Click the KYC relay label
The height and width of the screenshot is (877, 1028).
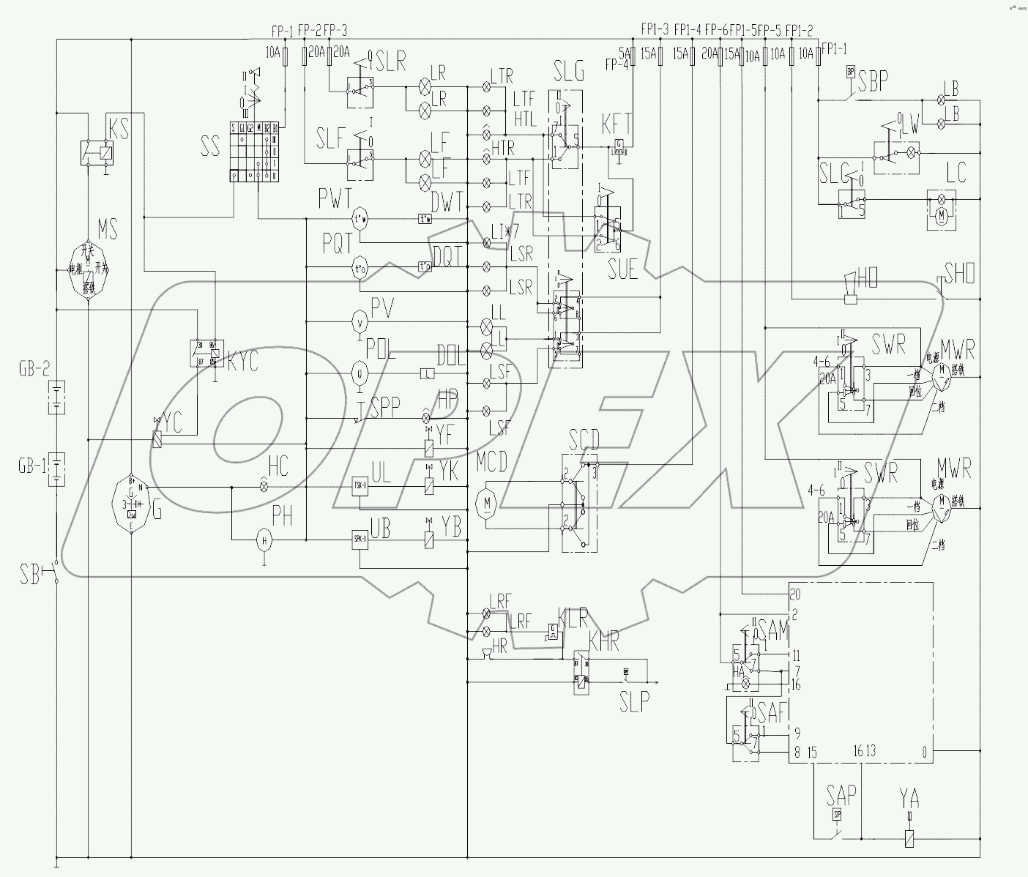[x=243, y=362]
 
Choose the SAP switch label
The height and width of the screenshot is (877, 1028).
[x=841, y=794]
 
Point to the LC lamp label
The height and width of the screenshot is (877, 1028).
[x=956, y=173]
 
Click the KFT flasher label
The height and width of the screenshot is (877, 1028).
[x=616, y=122]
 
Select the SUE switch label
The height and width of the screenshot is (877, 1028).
[x=622, y=270]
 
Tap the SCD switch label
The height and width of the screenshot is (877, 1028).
[x=584, y=440]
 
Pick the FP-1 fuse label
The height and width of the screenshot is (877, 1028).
[x=282, y=31]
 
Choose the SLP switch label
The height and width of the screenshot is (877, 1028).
[x=634, y=702]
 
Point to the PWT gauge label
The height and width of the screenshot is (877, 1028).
[x=335, y=198]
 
